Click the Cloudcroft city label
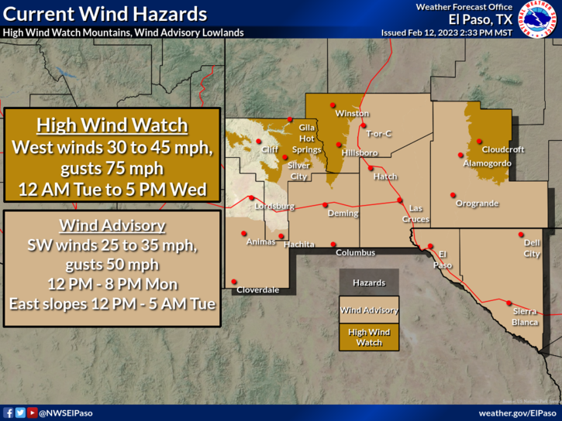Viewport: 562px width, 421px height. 503,149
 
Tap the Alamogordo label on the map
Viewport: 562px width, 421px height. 487,164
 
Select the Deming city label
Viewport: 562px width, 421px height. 343,214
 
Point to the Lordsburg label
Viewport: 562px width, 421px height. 275,207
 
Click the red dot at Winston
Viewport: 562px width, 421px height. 333,105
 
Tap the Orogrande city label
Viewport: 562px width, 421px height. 477,204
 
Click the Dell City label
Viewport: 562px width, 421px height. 532,248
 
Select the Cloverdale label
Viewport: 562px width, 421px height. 257,289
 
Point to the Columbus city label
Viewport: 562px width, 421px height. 355,253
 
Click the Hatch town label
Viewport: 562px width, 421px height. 385,176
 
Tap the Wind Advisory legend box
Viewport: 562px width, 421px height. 369,310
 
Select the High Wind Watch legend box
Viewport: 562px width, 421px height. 369,337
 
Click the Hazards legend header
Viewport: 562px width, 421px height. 369,283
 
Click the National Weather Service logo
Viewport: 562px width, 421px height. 537,19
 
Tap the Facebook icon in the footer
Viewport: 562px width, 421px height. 9,412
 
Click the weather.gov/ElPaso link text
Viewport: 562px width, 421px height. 517,412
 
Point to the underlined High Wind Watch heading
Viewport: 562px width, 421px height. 112,126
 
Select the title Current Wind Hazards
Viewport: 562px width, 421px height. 105,14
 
